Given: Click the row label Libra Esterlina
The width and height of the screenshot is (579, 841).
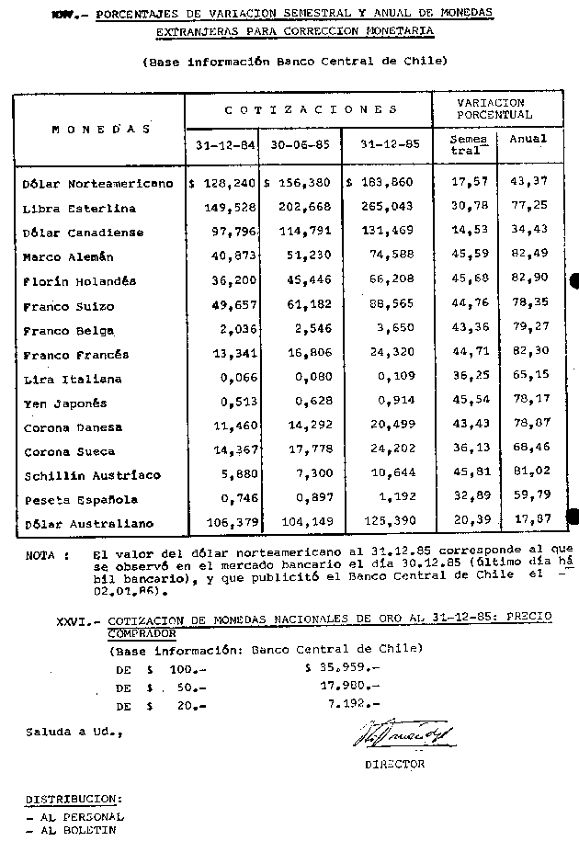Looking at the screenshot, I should pyautogui.click(x=79, y=209).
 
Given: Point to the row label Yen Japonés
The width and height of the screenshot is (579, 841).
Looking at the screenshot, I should pyautogui.click(x=65, y=403).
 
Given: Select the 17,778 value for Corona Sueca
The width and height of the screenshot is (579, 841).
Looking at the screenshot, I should pyautogui.click(x=308, y=451).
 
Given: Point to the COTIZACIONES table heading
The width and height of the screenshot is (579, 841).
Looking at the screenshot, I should pyautogui.click(x=311, y=110).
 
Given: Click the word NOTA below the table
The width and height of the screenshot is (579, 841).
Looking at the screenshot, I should pyautogui.click(x=40, y=556).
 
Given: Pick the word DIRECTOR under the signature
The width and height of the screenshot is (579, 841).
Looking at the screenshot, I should pyautogui.click(x=394, y=764).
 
